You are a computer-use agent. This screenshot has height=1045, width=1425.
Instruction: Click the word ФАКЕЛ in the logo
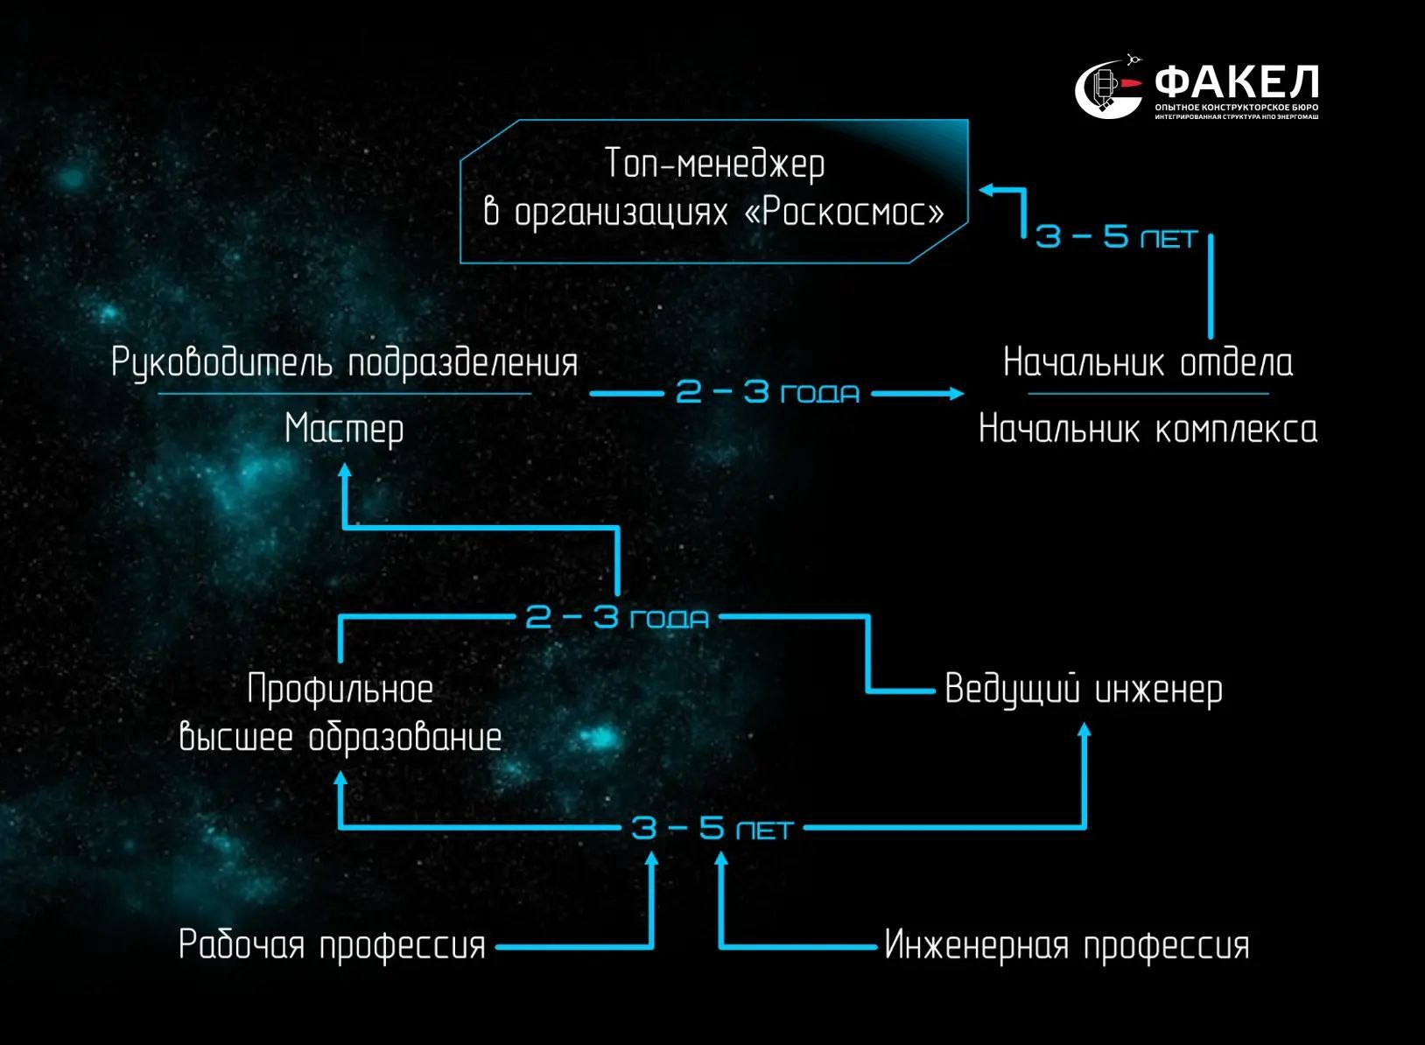1236,81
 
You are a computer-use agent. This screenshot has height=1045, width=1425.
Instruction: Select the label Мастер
344,430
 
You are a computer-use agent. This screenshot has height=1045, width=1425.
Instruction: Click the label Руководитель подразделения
345,362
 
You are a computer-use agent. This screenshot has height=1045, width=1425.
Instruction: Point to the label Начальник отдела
1148,362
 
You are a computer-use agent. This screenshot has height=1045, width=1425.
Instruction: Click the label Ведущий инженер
1084,690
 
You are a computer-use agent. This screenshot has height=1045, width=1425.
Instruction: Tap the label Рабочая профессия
332,945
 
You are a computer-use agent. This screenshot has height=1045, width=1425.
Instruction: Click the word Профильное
340,690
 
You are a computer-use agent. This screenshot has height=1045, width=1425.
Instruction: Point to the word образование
405,738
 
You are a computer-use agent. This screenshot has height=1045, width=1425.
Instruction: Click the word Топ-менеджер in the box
714,165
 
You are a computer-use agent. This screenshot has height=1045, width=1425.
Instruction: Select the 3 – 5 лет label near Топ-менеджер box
1117,237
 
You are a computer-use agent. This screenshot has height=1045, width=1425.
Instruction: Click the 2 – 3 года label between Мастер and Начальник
768,392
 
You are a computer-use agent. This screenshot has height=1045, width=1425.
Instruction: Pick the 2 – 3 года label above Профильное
617,617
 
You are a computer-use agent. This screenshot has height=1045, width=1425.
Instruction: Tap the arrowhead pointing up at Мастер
344,470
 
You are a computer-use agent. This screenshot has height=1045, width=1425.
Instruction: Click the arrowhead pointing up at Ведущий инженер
1085,729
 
